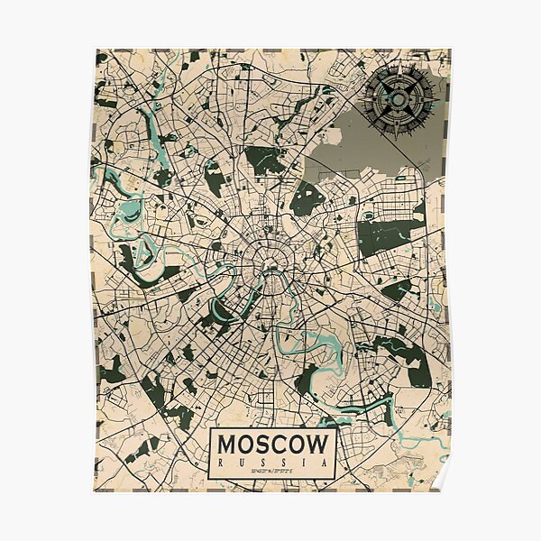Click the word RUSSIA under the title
274,463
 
